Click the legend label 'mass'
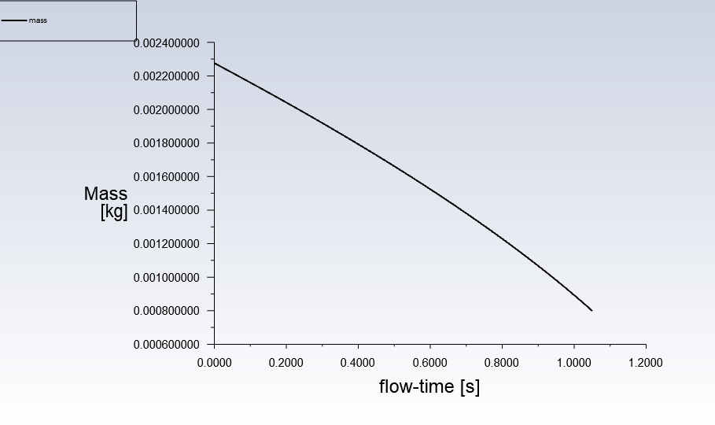[x=38, y=20]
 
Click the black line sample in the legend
[x=13, y=20]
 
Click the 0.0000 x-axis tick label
[x=214, y=363]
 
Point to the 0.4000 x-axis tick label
[x=358, y=363]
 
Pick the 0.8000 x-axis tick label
[x=502, y=363]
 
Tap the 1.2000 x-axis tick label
[x=646, y=363]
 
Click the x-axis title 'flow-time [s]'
[x=429, y=386]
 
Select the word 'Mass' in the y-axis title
[x=105, y=194]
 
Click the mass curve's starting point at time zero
[x=215, y=63]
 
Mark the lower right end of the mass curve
[x=592, y=310]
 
